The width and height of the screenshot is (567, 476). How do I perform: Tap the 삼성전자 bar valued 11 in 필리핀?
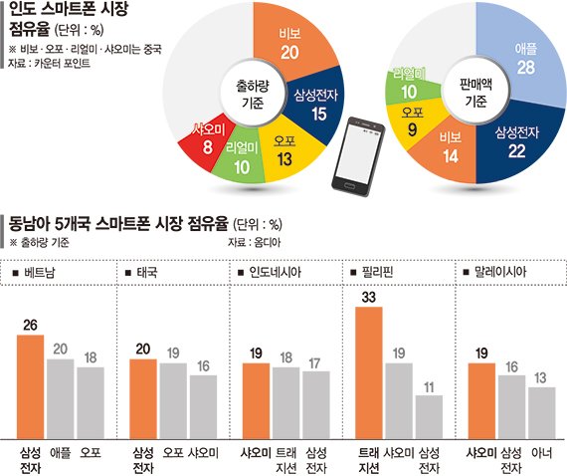point(428,415)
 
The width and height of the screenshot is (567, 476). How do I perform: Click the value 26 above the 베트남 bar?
point(31,325)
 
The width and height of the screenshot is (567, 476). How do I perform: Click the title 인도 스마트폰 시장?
point(69,13)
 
